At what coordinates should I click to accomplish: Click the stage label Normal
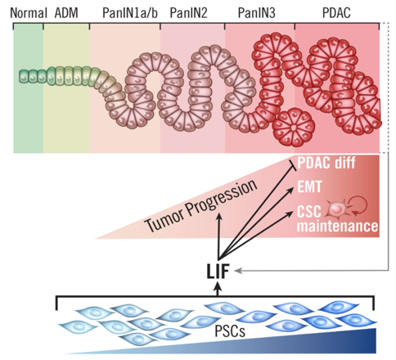[x=29, y=13]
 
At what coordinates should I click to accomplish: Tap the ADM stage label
[x=66, y=13]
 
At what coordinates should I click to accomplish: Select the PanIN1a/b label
[x=130, y=13]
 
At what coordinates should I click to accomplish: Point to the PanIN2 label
[x=188, y=13]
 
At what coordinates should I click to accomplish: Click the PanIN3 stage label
[x=257, y=13]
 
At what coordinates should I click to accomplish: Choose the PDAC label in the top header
[x=336, y=13]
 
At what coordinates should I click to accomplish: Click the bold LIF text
[x=218, y=272]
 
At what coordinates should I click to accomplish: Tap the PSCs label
[x=230, y=331]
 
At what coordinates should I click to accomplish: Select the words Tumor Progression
[x=201, y=205]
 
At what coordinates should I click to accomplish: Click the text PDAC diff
[x=326, y=163]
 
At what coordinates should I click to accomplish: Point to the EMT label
[x=309, y=187]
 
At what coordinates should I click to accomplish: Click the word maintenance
[x=338, y=226]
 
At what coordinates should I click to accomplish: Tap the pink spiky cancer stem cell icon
[x=337, y=209]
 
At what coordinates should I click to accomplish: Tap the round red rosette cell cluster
[x=294, y=128]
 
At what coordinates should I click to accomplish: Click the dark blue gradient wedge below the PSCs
[x=272, y=344]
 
